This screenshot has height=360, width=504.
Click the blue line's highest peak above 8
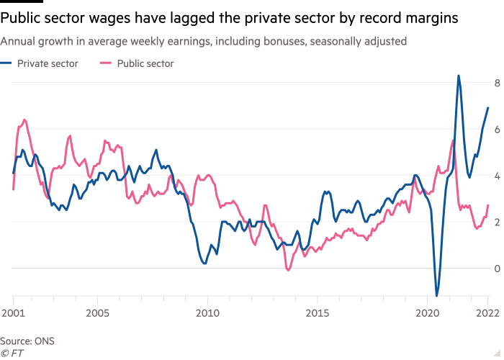tap(459, 75)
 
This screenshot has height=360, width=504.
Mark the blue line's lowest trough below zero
tap(437, 294)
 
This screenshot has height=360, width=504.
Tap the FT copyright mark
tap(11, 354)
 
